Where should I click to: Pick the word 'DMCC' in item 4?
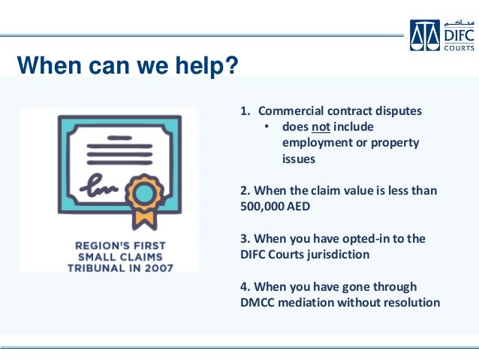click(260, 303)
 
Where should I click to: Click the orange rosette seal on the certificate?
click(146, 191)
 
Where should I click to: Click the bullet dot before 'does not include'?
click(267, 126)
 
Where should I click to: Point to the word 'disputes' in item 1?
click(398, 111)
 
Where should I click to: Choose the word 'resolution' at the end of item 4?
click(412, 303)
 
